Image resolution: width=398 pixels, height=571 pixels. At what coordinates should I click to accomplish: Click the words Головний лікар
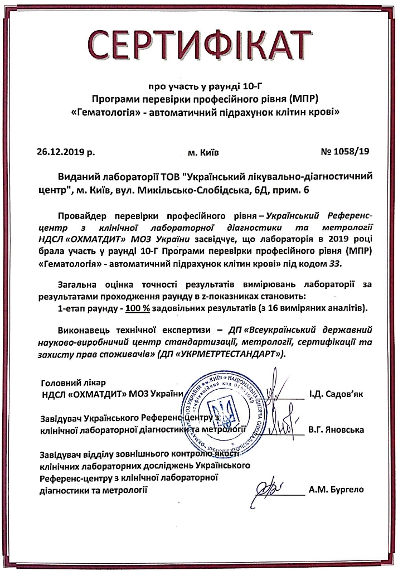[73, 384]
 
